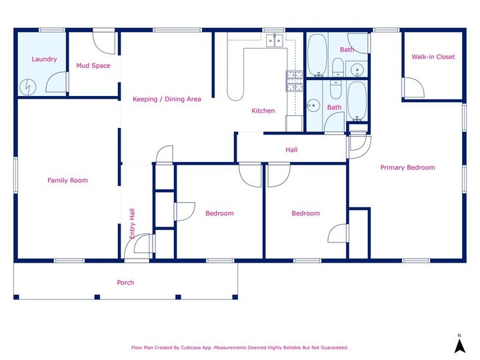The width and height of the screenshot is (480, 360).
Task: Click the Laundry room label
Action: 44,59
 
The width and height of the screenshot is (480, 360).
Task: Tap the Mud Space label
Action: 93,66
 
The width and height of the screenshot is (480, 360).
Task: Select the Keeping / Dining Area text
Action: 167,99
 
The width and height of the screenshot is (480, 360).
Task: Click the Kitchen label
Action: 263,111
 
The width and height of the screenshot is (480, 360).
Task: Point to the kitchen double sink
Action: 273,41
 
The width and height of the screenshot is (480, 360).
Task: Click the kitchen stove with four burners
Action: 294,81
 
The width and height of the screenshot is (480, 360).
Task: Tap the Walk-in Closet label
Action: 433,57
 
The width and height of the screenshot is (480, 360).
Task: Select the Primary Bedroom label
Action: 407,167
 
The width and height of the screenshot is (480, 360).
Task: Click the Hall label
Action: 291,150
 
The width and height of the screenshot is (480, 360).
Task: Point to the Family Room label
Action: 67,181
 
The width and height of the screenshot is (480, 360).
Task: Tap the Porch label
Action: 125,283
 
